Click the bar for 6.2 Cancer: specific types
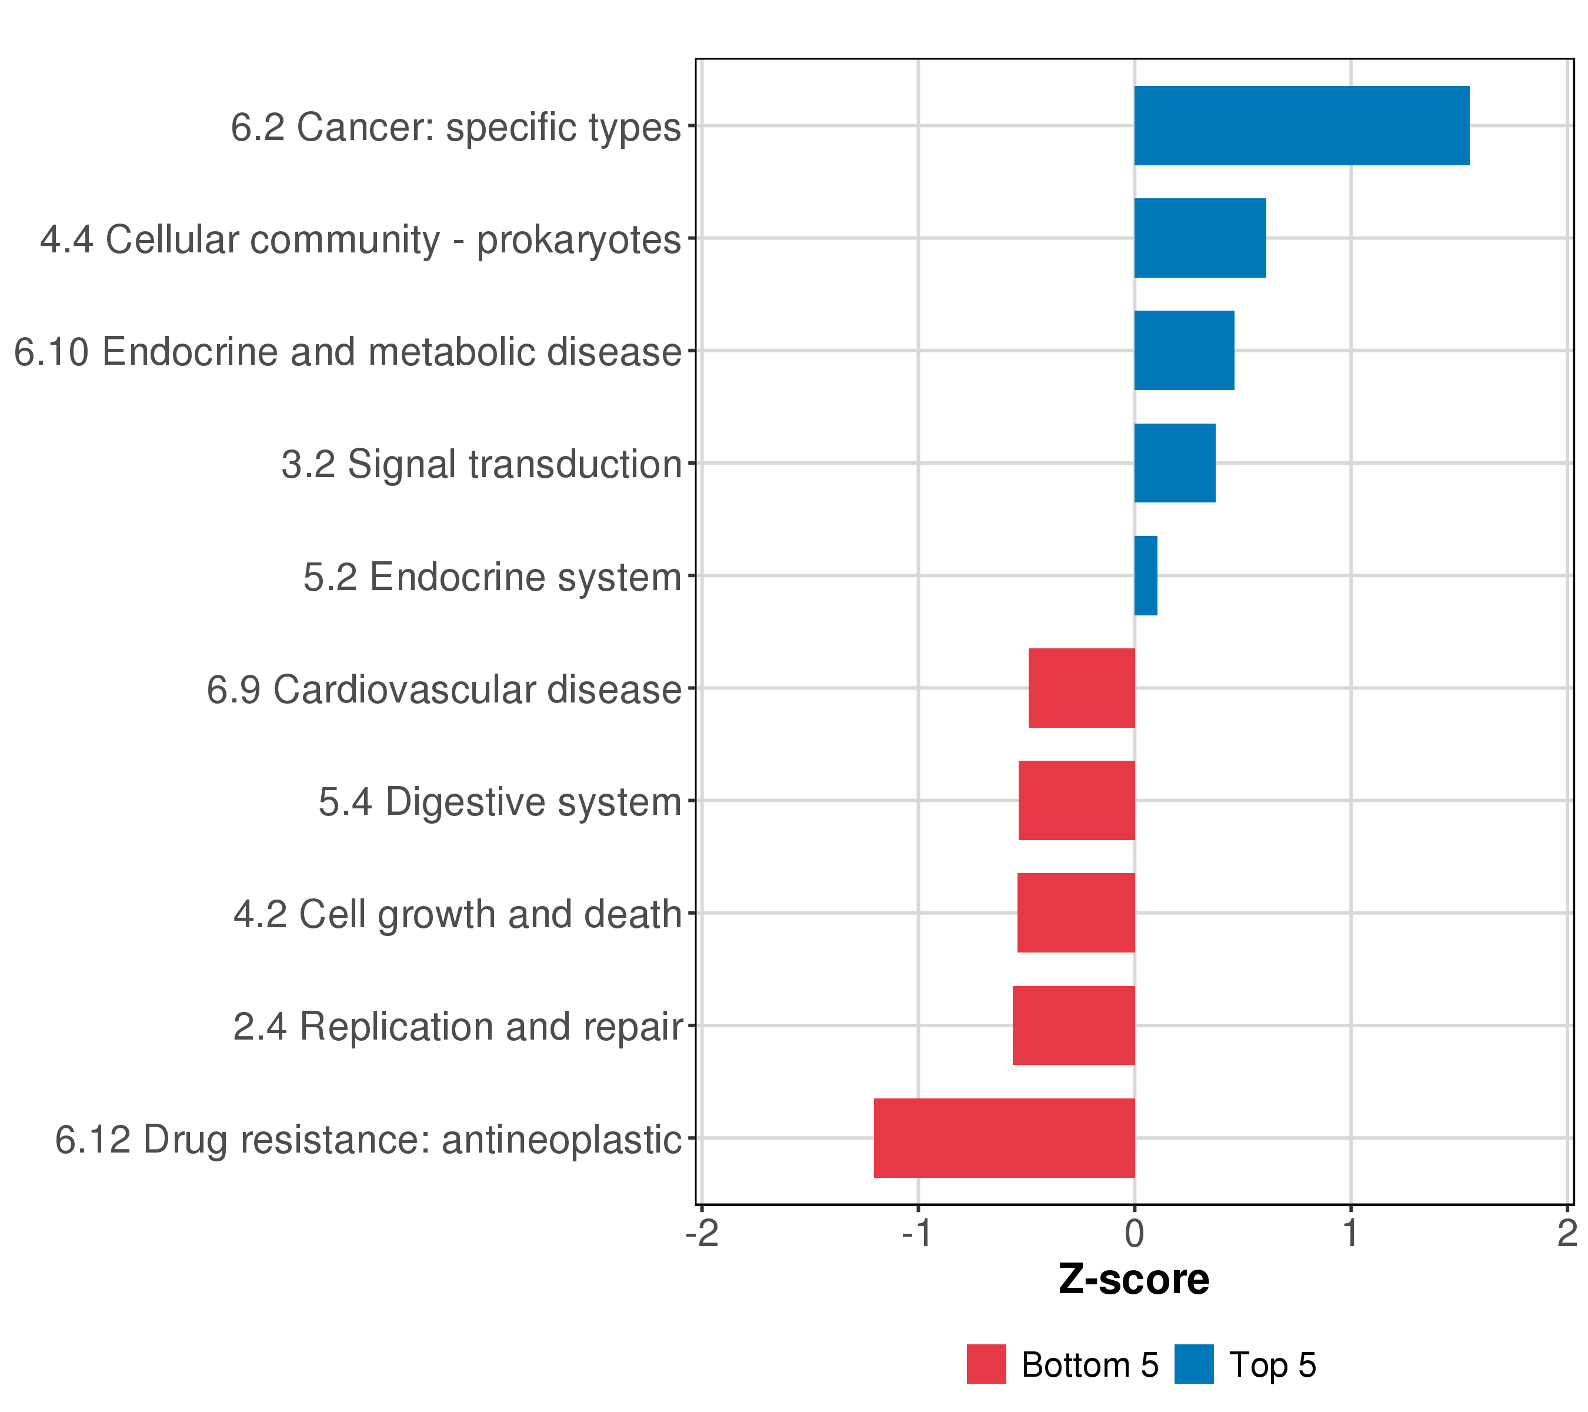click(x=1302, y=126)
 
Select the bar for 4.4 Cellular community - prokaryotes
click(x=1200, y=238)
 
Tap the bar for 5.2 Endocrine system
click(x=1145, y=576)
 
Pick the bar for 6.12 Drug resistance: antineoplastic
click(x=1004, y=1138)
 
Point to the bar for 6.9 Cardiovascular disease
click(x=1082, y=688)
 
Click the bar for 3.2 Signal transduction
click(x=1175, y=463)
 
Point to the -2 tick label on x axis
click(x=702, y=1234)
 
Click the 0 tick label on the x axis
click(x=1135, y=1234)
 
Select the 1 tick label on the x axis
click(x=1350, y=1234)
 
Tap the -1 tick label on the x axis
click(x=918, y=1234)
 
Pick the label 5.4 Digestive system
click(x=499, y=802)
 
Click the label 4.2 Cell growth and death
click(x=458, y=914)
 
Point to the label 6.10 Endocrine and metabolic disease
click(x=347, y=351)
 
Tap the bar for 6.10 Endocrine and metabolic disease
click(x=1184, y=351)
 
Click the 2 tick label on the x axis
click(x=1566, y=1234)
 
